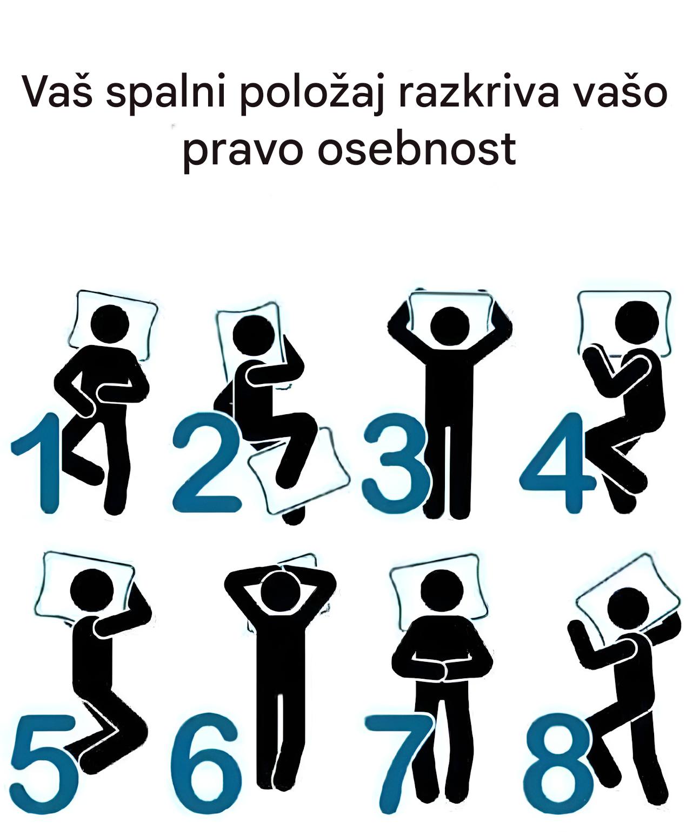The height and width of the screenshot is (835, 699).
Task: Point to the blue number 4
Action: (557, 463)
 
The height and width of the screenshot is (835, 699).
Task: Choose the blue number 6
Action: (207, 764)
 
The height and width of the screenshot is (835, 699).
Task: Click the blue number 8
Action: (558, 764)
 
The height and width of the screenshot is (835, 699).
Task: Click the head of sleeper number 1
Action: (110, 323)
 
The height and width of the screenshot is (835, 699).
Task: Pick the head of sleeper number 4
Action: (637, 321)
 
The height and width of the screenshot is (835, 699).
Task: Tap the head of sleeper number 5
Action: (92, 591)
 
